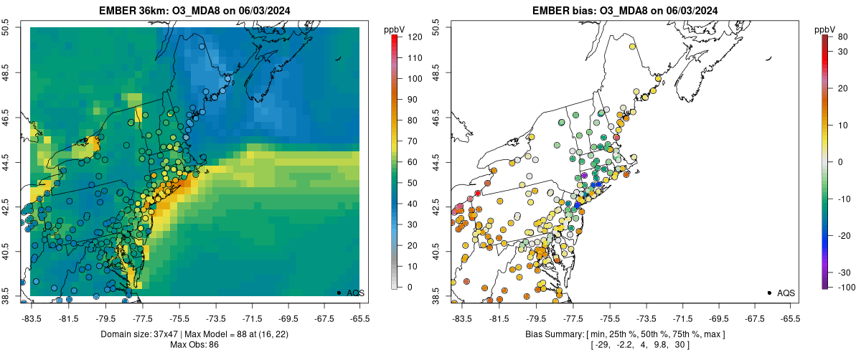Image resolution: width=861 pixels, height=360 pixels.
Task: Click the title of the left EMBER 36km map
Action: coord(194,10)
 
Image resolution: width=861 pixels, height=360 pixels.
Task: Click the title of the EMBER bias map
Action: coord(625,10)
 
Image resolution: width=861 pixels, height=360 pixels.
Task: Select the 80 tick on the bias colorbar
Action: coord(839,36)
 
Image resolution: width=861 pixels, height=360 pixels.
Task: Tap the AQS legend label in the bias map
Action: coord(786,293)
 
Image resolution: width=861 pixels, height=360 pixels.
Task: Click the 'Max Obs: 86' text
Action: coord(194,345)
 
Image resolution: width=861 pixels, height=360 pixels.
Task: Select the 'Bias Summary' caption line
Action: coord(625,334)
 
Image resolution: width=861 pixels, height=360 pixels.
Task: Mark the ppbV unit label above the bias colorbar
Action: coord(826,29)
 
